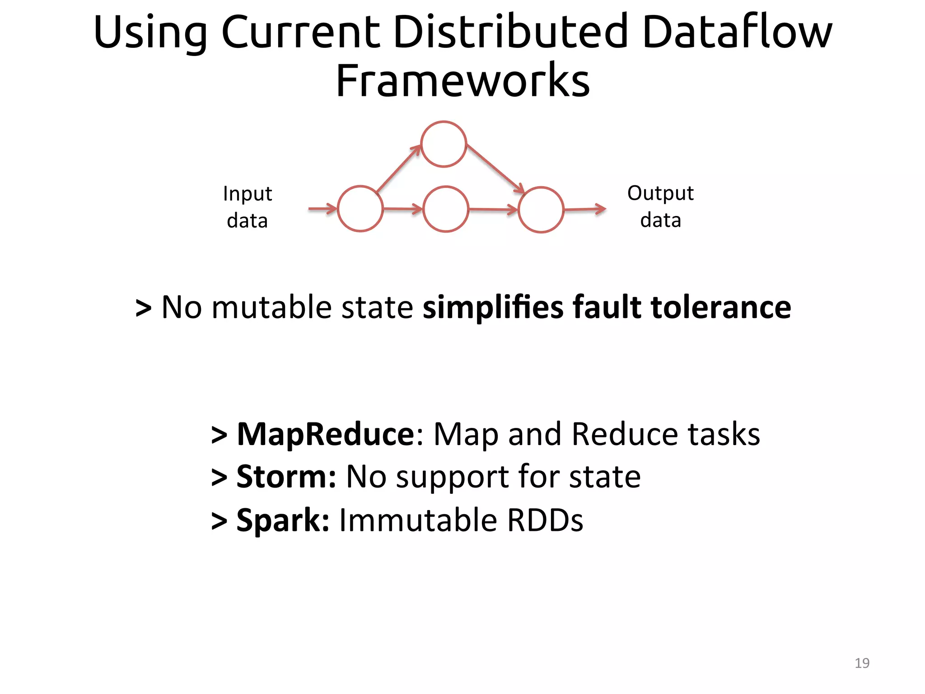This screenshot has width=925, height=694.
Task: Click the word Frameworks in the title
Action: pos(462,81)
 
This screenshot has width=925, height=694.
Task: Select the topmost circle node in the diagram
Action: pos(444,144)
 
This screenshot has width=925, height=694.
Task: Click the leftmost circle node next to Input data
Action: pos(360,209)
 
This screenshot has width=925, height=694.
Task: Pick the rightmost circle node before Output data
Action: pos(541,210)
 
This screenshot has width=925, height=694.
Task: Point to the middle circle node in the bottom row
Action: pos(445,209)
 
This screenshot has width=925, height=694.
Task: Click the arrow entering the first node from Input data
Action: pos(322,209)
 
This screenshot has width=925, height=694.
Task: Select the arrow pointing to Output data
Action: pos(585,209)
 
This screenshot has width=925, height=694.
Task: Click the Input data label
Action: pos(248,207)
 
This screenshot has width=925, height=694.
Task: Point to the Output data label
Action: pos(660,206)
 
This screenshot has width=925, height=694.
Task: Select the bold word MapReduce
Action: pos(326,434)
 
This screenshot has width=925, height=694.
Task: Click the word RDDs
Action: pos(545,520)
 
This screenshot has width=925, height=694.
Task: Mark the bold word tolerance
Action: pos(721,307)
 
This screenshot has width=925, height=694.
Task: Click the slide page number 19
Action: pos(862,663)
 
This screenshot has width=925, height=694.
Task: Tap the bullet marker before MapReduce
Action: pos(219,435)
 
